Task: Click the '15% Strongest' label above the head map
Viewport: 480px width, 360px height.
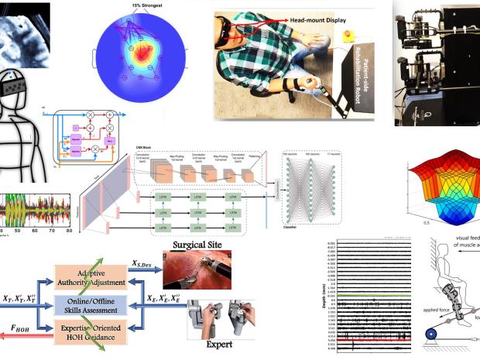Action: [x=137, y=7]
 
